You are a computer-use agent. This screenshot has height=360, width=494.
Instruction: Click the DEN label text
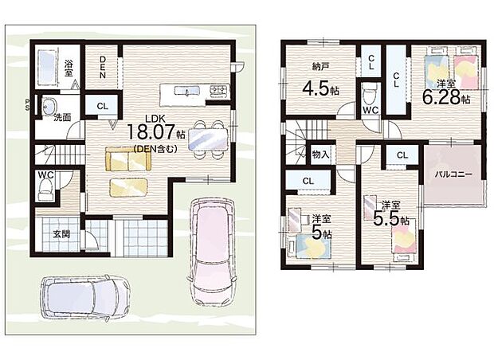[x=103, y=67]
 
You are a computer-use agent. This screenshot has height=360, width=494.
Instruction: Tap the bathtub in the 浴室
[x=47, y=67]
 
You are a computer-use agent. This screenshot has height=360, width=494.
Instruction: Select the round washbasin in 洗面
[x=48, y=105]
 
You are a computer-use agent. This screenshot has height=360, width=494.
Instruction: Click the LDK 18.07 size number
[x=151, y=131]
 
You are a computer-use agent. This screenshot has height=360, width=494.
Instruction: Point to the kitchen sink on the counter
[x=187, y=91]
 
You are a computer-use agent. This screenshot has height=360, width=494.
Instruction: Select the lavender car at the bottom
[x=85, y=298]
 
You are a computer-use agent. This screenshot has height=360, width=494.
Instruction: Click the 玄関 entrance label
[x=61, y=234]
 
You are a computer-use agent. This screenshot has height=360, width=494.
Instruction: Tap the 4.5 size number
[x=316, y=88]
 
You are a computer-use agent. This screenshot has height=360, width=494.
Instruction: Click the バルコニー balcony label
[x=454, y=174]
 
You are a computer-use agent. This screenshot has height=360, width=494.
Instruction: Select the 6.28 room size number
[x=441, y=98]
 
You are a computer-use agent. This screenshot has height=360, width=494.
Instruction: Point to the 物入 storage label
[x=321, y=155]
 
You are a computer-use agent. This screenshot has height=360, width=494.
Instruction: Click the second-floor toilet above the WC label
[x=370, y=93]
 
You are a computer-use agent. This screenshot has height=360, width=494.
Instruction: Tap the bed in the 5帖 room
[x=313, y=246]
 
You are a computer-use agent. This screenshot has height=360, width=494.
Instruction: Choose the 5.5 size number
[x=386, y=218]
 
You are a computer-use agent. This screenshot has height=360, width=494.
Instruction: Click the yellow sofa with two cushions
[x=128, y=159]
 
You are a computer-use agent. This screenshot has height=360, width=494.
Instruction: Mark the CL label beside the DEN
[x=103, y=107]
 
